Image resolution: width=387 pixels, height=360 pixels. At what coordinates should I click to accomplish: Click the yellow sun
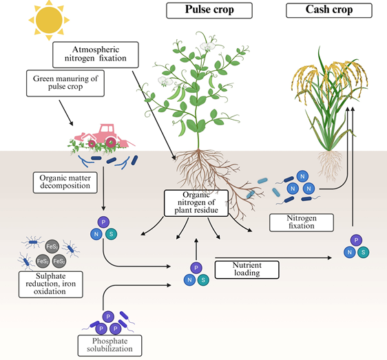(x=49, y=20)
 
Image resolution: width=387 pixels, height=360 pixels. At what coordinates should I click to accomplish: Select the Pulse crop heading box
(x=209, y=10)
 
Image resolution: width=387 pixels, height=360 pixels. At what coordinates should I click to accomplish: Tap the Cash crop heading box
(x=329, y=10)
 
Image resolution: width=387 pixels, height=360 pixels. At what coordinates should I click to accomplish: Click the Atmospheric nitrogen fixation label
(x=96, y=54)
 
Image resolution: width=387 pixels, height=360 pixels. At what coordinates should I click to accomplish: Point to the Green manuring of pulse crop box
(x=65, y=83)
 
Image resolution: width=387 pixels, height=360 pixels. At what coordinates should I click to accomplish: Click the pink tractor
(x=104, y=136)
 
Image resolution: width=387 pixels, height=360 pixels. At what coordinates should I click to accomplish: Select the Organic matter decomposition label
(x=65, y=182)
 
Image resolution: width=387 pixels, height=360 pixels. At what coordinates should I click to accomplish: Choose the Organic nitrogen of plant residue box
(x=196, y=203)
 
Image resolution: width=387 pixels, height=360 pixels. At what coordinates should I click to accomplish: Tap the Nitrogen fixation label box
(x=302, y=222)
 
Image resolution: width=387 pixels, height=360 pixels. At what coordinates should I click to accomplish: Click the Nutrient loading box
(x=247, y=270)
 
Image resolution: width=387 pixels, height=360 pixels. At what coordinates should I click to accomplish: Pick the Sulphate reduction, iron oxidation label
(x=50, y=284)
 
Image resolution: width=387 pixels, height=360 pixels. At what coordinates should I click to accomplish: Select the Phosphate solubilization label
(x=109, y=346)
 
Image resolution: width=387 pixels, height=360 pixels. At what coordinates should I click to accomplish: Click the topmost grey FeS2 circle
(x=52, y=246)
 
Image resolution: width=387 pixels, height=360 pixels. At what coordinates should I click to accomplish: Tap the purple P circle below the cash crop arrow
(x=356, y=240)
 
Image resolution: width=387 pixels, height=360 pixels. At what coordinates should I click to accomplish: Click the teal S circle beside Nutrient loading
(x=203, y=280)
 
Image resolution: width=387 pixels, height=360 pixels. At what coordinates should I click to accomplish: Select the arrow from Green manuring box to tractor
(x=66, y=113)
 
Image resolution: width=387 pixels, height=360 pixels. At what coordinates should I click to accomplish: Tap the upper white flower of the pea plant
(x=207, y=46)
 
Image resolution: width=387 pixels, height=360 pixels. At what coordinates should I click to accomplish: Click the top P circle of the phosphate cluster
(x=108, y=317)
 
